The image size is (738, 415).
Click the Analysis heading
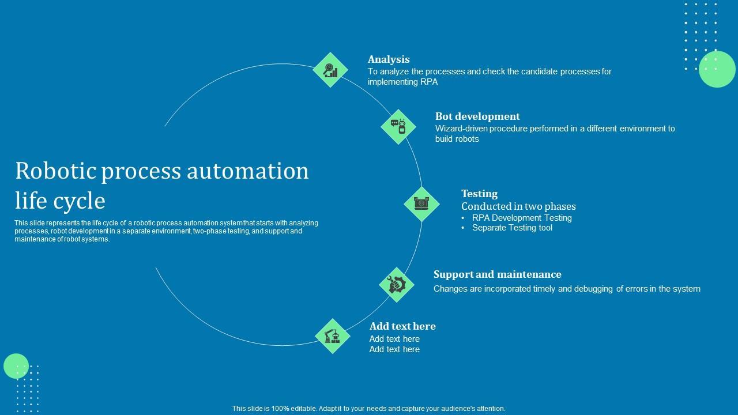[389, 59]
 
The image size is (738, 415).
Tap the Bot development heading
[477, 116]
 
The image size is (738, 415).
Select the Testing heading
[479, 194]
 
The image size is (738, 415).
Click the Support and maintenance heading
[497, 274]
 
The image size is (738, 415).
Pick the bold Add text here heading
[402, 326]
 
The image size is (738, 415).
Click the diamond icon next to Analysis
[330, 70]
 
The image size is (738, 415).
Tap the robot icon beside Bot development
[398, 127]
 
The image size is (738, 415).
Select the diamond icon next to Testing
[421, 203]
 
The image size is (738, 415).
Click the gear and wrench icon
[397, 284]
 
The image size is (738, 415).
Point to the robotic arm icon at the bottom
[333, 336]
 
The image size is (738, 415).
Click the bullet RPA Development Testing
[522, 218]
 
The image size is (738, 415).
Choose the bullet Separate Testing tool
[512, 228]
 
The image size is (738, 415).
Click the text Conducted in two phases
[518, 206]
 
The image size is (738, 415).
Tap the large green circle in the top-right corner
[717, 69]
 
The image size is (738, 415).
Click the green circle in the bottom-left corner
[16, 366]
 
